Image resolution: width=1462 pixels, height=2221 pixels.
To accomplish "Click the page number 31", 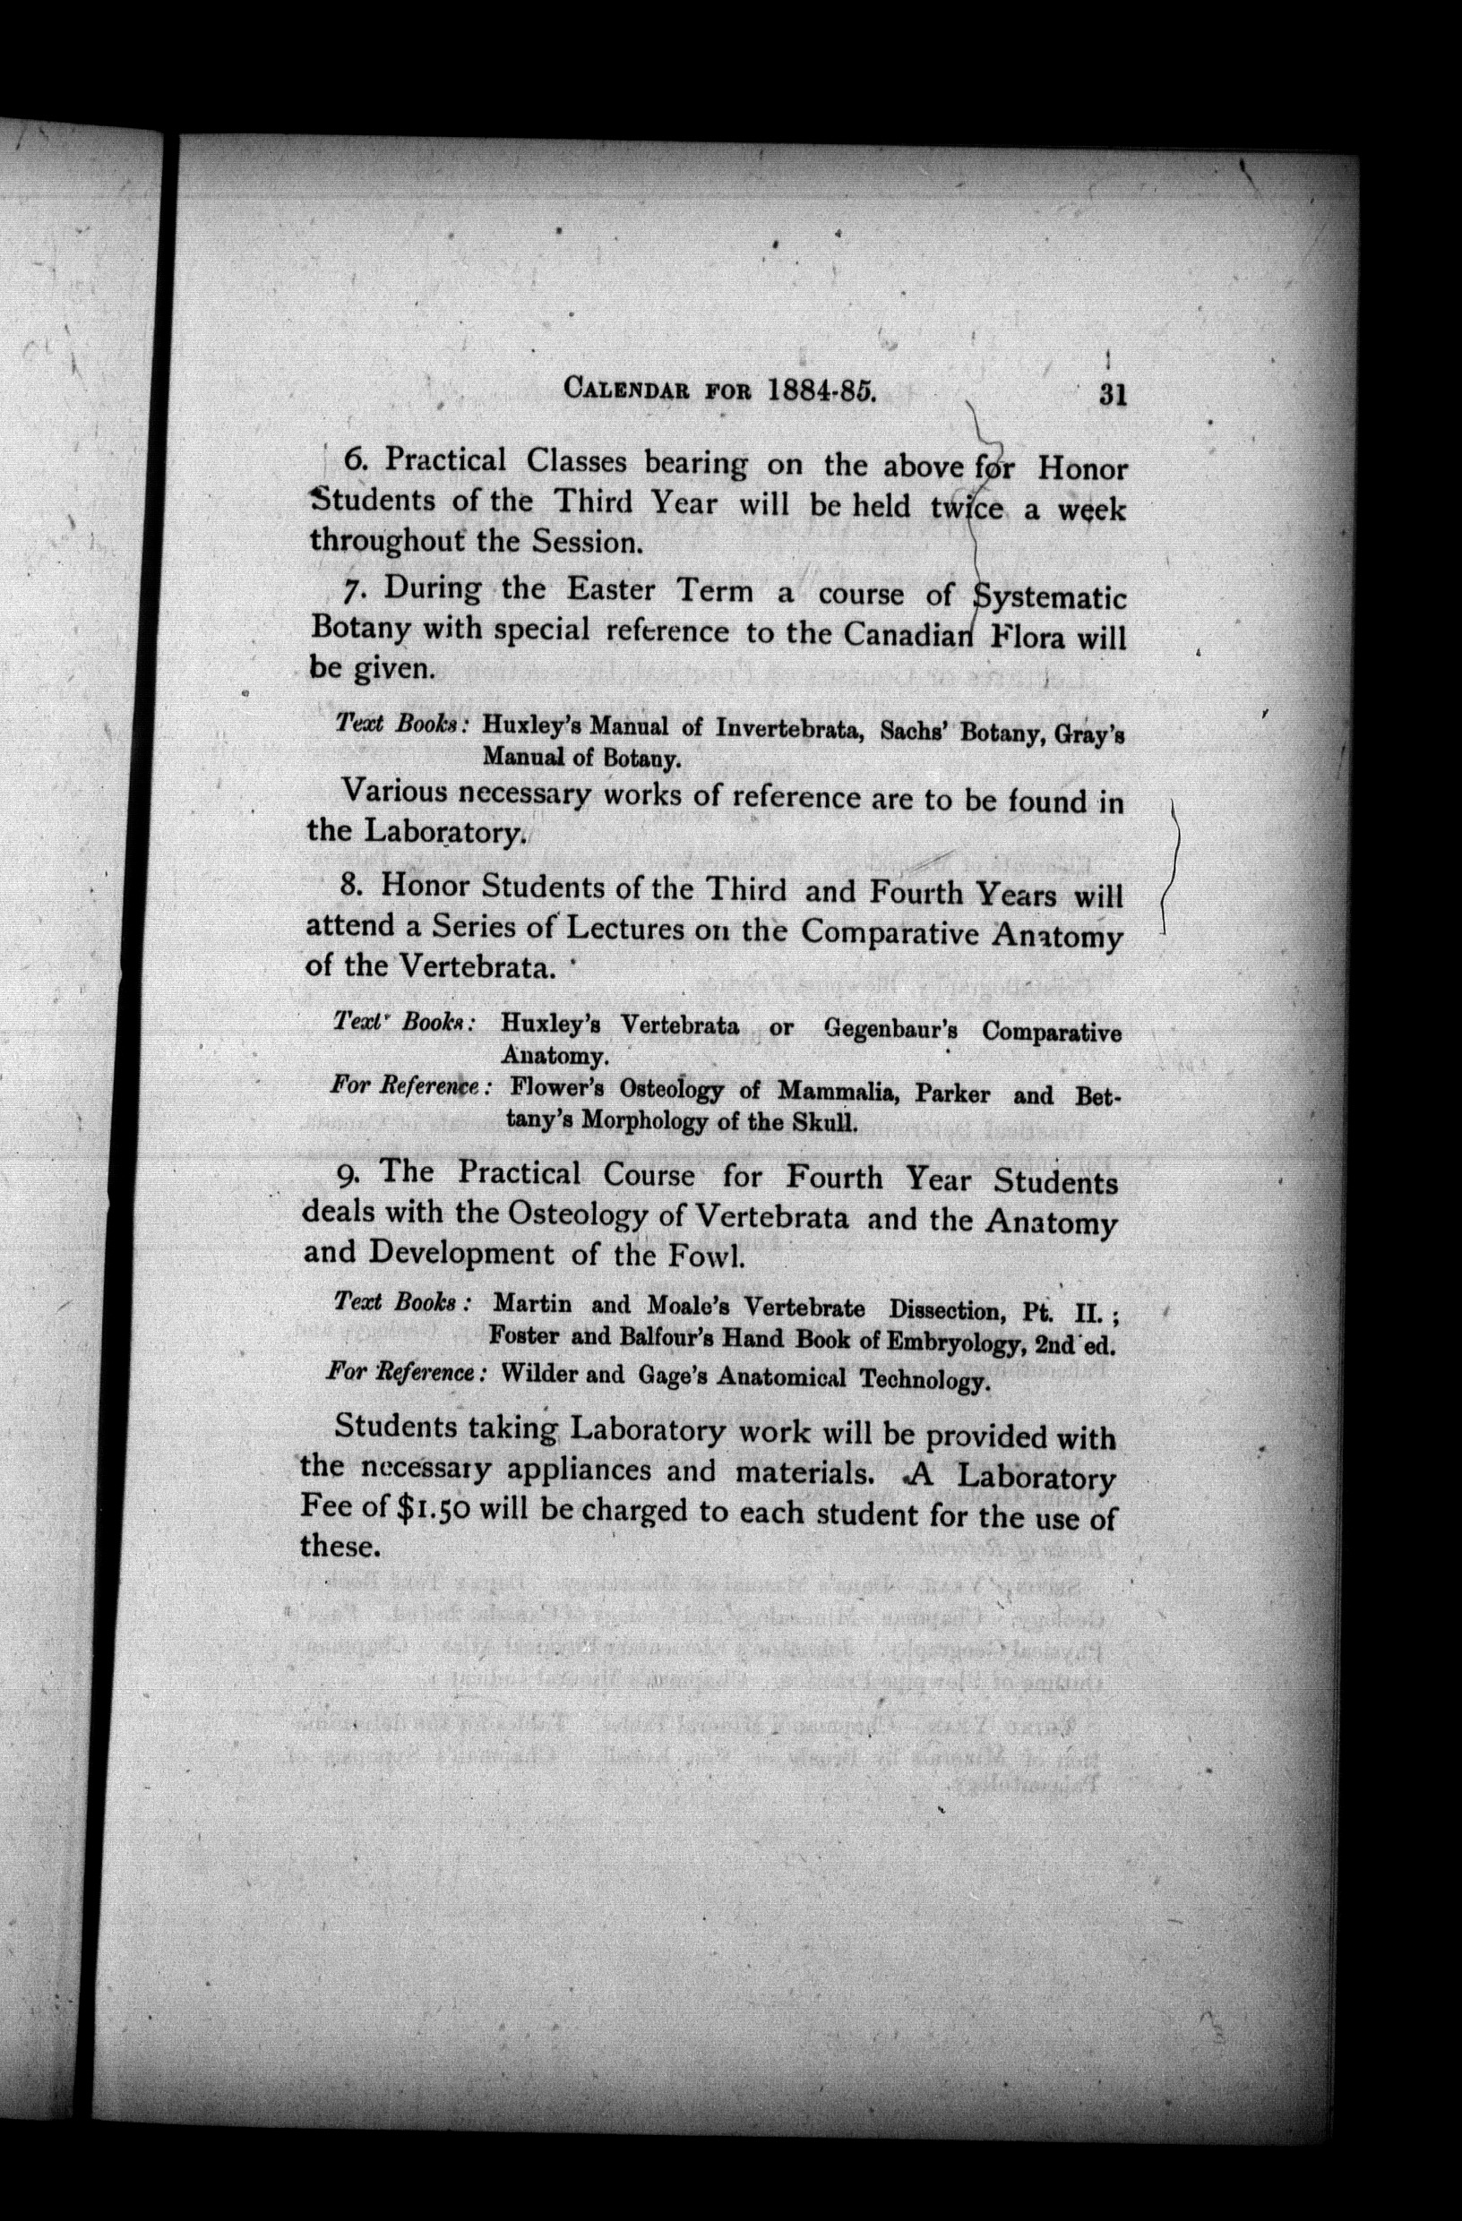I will (x=1113, y=395).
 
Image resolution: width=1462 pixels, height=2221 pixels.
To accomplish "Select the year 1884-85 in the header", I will (x=820, y=390).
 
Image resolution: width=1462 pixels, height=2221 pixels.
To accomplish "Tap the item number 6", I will (x=356, y=460).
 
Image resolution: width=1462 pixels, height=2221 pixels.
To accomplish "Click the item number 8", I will (x=351, y=885).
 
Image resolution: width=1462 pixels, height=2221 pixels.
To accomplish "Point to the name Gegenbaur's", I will (x=895, y=1030).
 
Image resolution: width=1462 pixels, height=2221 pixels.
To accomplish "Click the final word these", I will (x=340, y=1548).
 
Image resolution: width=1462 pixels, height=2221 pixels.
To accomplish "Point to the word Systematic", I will (x=1049, y=597).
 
